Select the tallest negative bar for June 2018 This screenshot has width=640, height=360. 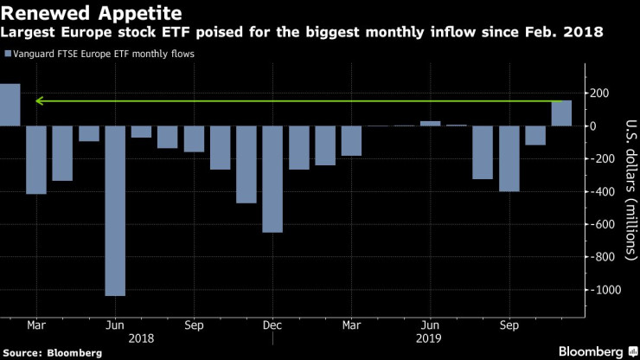click(115, 210)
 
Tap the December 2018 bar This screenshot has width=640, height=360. click(272, 179)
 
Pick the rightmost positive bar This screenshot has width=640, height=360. click(561, 113)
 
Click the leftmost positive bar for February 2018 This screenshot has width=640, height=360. click(10, 105)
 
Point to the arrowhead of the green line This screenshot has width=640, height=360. click(38, 101)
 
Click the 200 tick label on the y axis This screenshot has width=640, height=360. click(599, 93)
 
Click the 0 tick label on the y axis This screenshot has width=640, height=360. click(593, 126)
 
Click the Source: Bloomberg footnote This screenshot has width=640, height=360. click(52, 352)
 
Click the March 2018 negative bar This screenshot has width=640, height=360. click(36, 160)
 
